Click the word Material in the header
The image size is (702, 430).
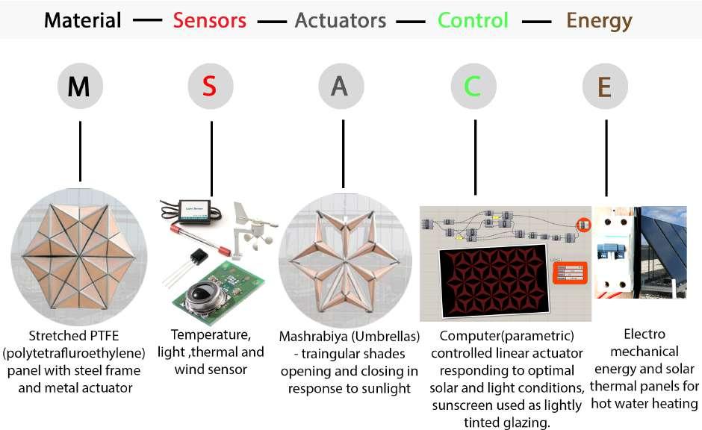coord(82,20)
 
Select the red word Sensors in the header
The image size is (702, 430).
coord(209,20)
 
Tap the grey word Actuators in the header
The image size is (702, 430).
coord(341,20)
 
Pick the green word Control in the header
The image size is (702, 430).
coord(473,20)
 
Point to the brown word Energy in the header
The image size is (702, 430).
coord(599,20)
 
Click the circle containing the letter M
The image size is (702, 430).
coord(79,87)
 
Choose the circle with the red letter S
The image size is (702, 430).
coord(210,87)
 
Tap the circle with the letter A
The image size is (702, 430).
coord(340,87)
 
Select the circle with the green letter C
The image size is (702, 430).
coord(472,87)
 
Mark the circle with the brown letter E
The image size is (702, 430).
coord(605,87)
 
